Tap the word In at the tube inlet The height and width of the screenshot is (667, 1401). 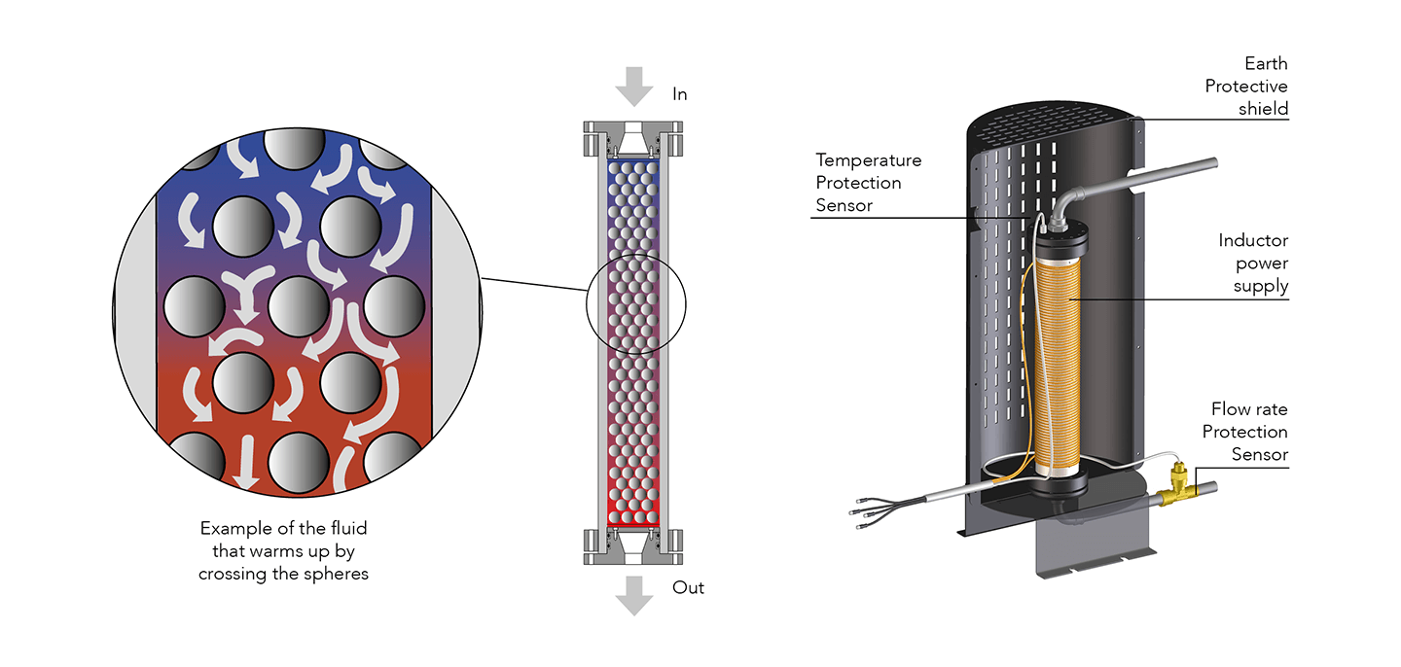click(680, 94)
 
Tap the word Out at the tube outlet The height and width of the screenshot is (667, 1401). click(688, 587)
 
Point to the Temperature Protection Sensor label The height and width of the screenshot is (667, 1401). click(868, 183)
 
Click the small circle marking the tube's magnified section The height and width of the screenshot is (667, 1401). click(635, 306)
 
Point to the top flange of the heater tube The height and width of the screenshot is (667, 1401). click(635, 140)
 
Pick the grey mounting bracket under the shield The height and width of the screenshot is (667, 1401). click(1081, 554)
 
